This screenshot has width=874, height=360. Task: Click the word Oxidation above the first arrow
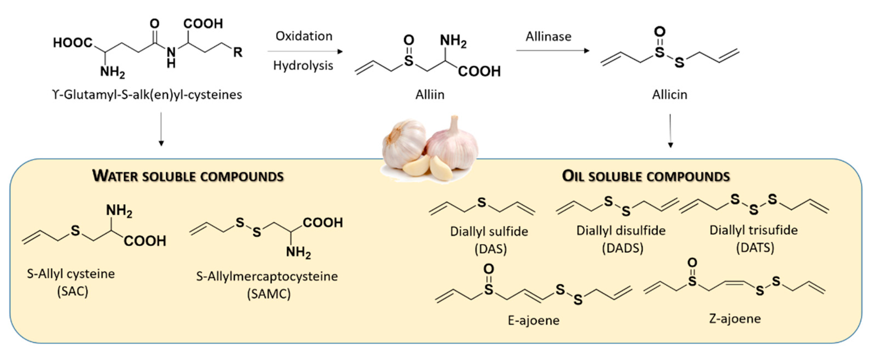[304, 36]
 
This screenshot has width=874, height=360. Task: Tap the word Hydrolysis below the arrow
[303, 65]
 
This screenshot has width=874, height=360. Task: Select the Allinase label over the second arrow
[548, 36]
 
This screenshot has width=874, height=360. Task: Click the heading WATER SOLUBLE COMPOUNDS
[188, 176]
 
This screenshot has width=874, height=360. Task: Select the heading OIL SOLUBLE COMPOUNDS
[646, 176]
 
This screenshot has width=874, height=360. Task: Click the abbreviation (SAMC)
[268, 294]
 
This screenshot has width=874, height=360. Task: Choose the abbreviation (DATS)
[755, 247]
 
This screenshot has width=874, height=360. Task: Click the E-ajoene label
[533, 320]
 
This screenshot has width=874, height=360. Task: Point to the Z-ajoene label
[735, 318]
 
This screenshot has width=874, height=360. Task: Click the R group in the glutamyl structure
[238, 52]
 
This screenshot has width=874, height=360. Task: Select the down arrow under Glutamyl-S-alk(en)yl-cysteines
[161, 129]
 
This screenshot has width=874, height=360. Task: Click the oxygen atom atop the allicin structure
[660, 32]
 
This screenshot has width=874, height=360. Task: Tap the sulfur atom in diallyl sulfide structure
[481, 202]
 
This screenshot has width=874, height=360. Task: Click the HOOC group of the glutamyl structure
[73, 43]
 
